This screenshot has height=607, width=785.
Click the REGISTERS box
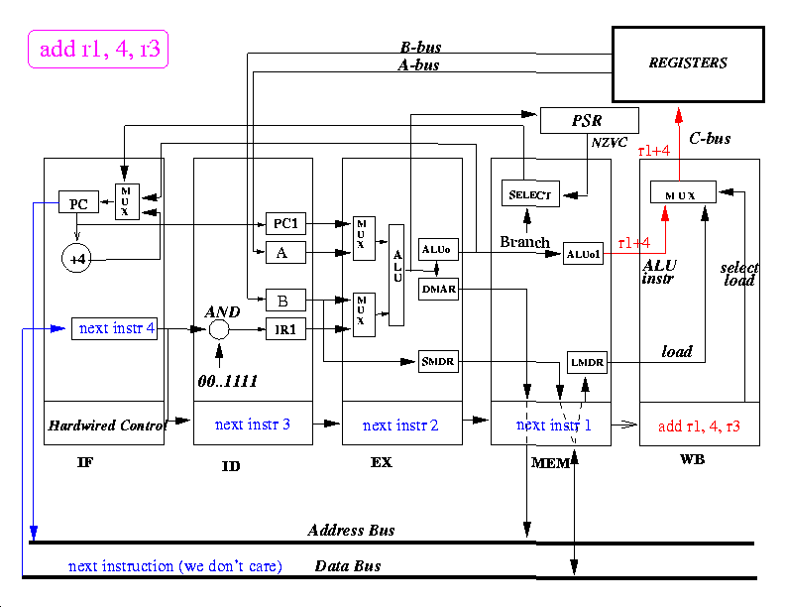point(688,63)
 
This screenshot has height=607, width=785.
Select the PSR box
point(589,121)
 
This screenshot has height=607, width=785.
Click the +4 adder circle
point(76,259)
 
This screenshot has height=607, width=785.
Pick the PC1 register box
point(287,223)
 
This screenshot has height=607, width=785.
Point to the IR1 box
point(287,329)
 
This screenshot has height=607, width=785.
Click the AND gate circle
point(219,328)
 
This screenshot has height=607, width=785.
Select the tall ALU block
point(396,275)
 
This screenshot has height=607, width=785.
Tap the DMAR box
point(437,289)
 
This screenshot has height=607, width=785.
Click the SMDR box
point(437,362)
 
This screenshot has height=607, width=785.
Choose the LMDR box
point(585,364)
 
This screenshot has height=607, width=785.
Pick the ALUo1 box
point(583,254)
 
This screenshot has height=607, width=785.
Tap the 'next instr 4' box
point(115,328)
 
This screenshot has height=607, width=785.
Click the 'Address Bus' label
point(351,531)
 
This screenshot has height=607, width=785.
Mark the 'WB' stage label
point(693,460)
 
